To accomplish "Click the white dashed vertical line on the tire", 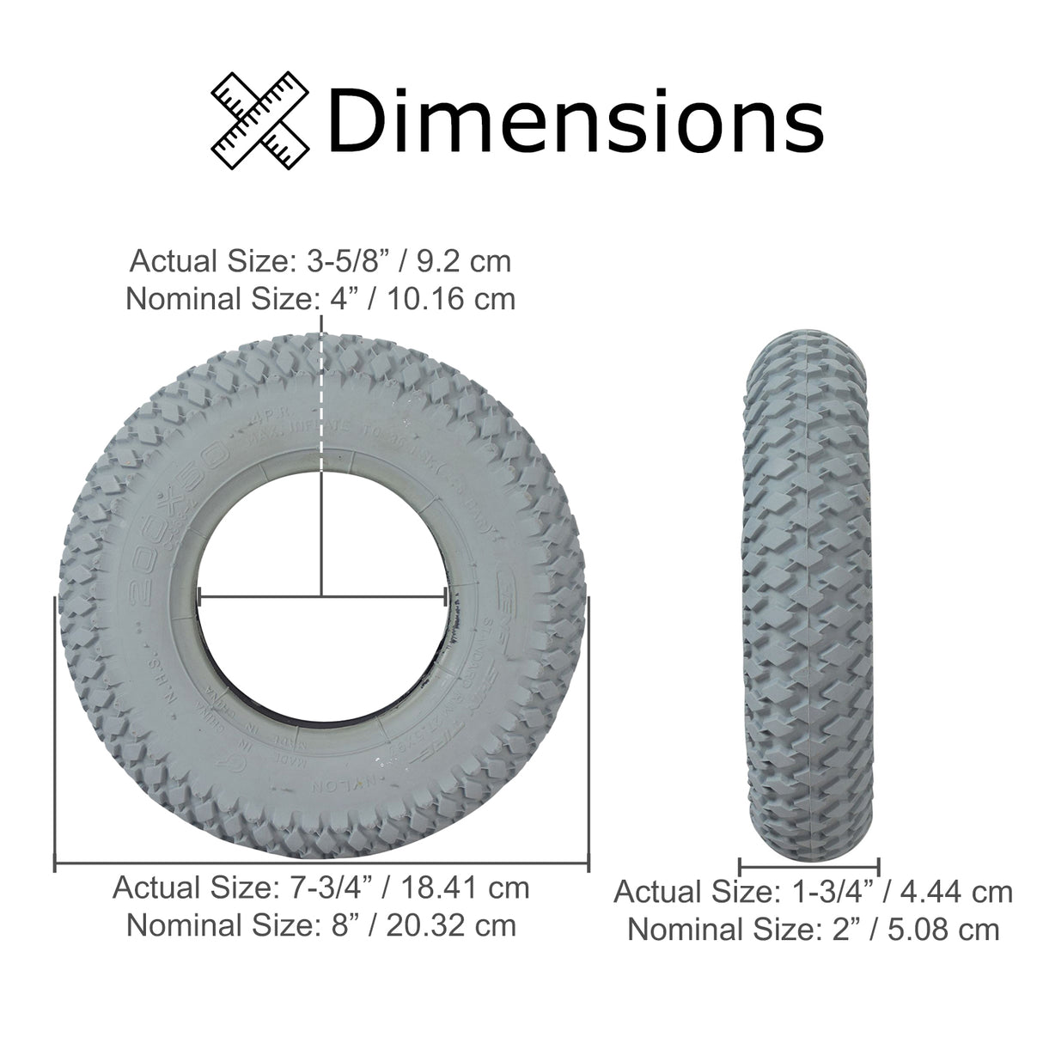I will (321, 404).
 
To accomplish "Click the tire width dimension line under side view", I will (808, 865).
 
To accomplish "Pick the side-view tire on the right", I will (808, 593).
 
